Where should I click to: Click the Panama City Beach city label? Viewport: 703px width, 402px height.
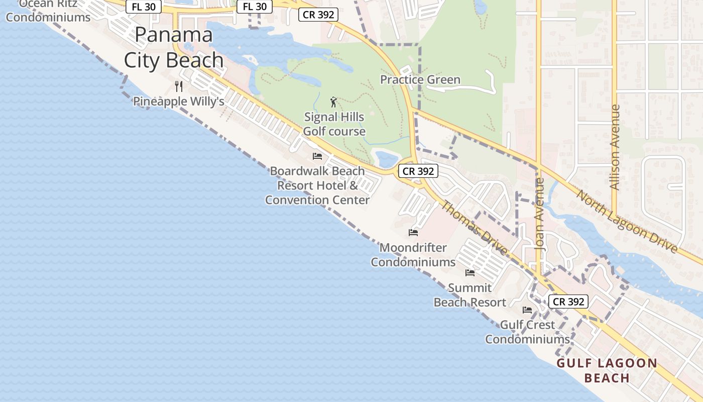(x=173, y=48)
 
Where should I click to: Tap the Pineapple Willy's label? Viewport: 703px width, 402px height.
(x=178, y=102)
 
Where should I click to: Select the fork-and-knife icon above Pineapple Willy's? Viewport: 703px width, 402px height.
(x=178, y=86)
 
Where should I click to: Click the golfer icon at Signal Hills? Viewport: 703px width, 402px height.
(x=333, y=103)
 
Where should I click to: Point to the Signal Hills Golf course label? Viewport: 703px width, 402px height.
(x=334, y=124)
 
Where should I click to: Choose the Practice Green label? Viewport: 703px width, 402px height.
(x=420, y=80)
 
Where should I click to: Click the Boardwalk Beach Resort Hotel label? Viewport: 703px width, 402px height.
(x=317, y=185)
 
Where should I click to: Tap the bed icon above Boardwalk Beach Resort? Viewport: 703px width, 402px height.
(x=317, y=156)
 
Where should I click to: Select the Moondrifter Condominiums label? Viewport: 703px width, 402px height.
(x=413, y=255)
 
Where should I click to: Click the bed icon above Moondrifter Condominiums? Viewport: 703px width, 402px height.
(x=413, y=232)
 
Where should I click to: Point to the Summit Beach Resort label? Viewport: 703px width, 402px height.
(x=470, y=295)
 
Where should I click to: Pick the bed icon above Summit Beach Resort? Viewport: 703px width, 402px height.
(x=470, y=272)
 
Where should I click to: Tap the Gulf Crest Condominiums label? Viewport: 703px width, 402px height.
(x=527, y=332)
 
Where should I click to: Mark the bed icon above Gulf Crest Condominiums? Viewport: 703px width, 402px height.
(x=527, y=310)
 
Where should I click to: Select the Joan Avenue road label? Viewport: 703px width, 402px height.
(x=540, y=214)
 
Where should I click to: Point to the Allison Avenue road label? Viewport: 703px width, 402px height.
(x=615, y=147)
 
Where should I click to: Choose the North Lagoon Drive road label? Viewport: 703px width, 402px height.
(x=627, y=221)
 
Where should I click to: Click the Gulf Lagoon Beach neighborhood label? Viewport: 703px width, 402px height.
(x=607, y=370)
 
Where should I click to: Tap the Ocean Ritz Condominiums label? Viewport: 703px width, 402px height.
(x=48, y=11)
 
